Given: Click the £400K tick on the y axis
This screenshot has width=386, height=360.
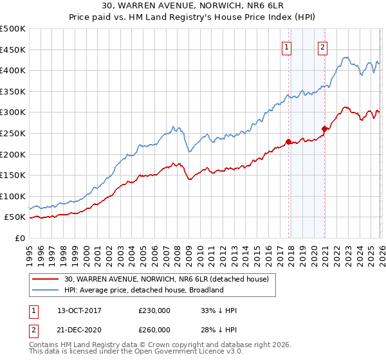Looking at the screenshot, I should click(13, 70).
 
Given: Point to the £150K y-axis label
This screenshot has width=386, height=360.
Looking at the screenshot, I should click(13, 175).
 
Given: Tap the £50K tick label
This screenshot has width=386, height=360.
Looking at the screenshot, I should click(15, 217).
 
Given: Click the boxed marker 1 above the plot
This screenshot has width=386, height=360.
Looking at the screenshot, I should click(286, 46).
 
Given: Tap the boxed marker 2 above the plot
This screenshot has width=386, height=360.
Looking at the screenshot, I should click(322, 46).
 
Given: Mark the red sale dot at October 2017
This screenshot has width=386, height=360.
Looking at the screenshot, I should click(288, 141).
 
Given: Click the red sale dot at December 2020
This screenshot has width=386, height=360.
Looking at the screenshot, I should click(324, 129).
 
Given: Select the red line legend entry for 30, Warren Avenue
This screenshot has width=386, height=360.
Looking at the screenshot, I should click(152, 279).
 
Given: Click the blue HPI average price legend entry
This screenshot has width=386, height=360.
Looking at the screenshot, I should click(143, 290).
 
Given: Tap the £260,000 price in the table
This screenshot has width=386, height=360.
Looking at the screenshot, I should click(154, 329).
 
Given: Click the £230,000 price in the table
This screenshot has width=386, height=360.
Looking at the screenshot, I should click(154, 310).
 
